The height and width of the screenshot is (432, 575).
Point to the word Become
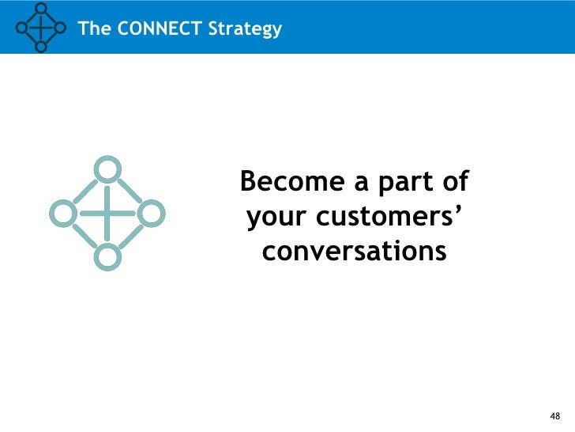click(x=293, y=182)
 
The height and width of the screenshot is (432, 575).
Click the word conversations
click(x=354, y=252)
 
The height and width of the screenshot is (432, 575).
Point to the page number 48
click(x=554, y=416)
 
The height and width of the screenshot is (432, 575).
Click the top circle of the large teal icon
click(x=107, y=169)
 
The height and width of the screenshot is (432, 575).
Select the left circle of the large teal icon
click(x=62, y=212)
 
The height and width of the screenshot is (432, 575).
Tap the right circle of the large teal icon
click(x=152, y=212)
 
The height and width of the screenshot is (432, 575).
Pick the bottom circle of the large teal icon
click(x=107, y=256)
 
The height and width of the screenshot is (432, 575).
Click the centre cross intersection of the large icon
click(x=107, y=212)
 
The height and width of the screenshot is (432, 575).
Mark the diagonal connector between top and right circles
click(x=130, y=190)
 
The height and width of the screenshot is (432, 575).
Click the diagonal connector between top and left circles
click(x=85, y=190)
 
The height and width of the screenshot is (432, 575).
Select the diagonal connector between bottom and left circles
click(x=85, y=235)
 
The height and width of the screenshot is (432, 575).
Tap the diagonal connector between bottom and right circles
click(x=130, y=235)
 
